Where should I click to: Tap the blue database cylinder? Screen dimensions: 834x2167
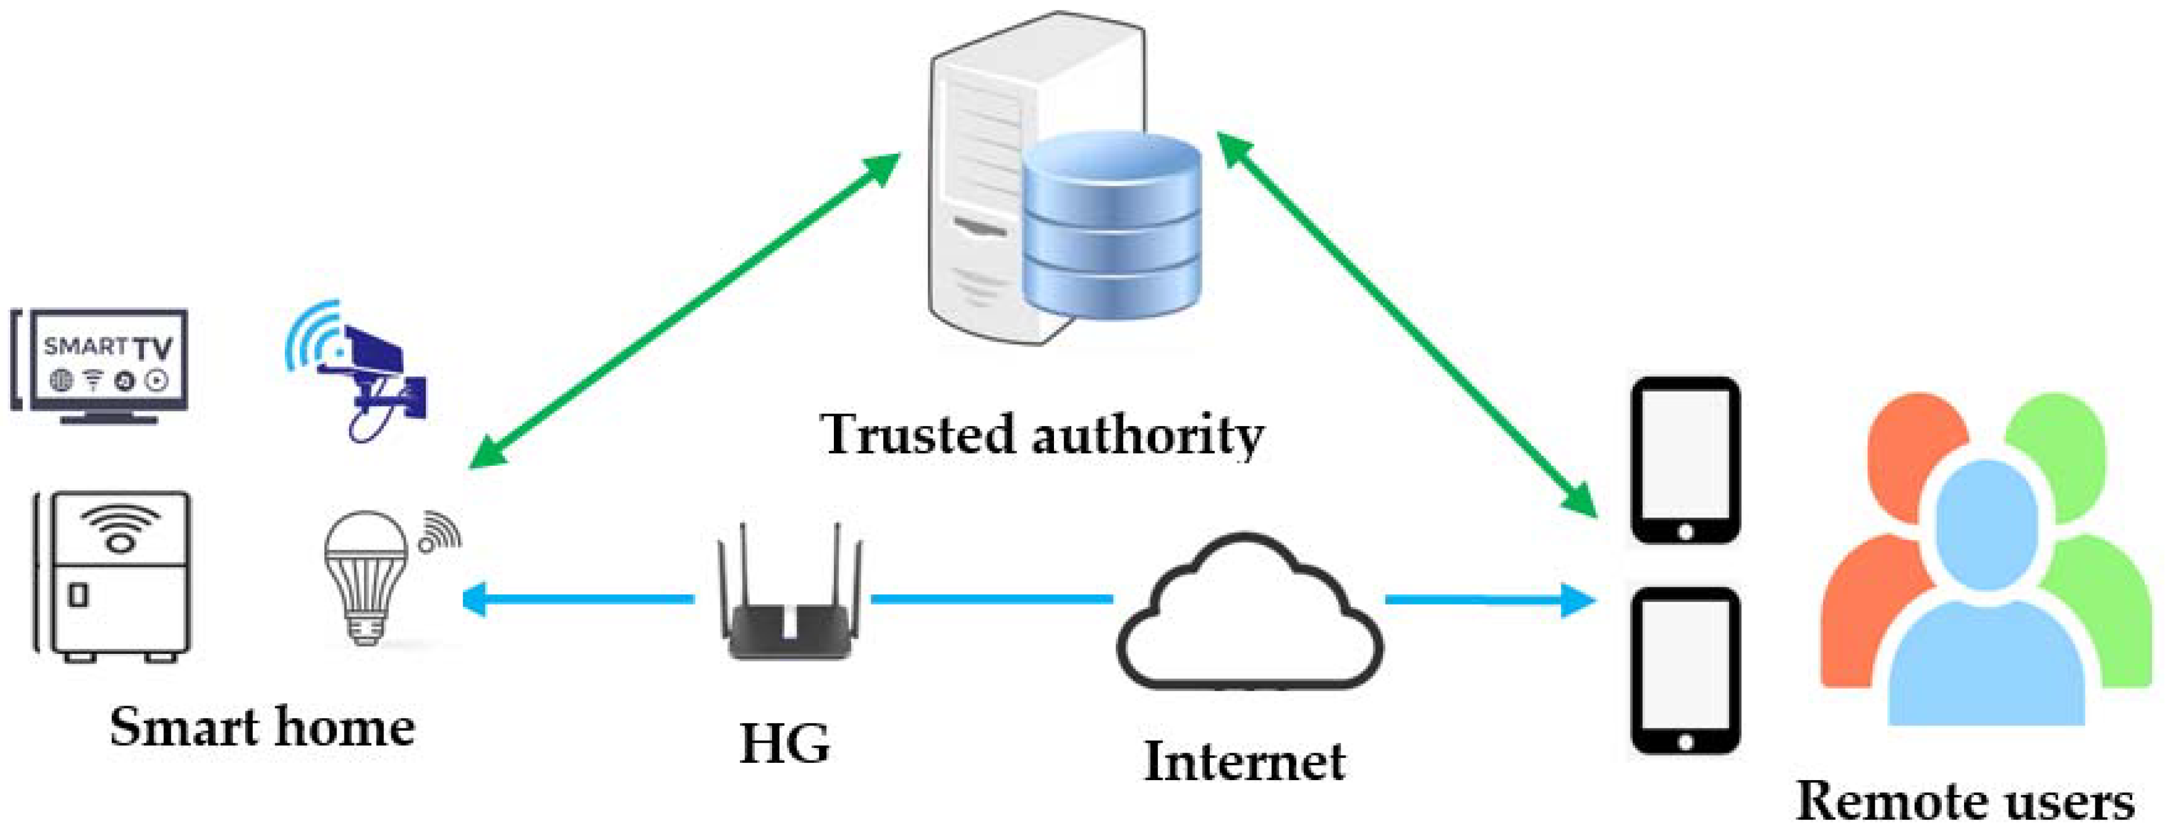[1112, 227]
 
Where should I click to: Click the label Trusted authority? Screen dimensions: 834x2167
[1041, 436]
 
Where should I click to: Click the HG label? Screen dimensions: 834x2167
[784, 744]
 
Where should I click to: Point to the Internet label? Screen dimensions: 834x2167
[1245, 762]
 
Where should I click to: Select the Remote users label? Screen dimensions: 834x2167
[1964, 802]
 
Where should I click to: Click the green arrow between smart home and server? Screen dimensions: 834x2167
[683, 311]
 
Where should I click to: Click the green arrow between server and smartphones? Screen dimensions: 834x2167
[1406, 324]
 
